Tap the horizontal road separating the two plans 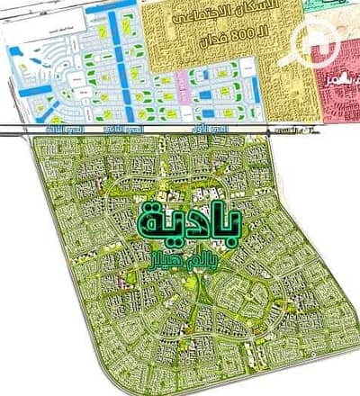pyautogui.click(x=180, y=127)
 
